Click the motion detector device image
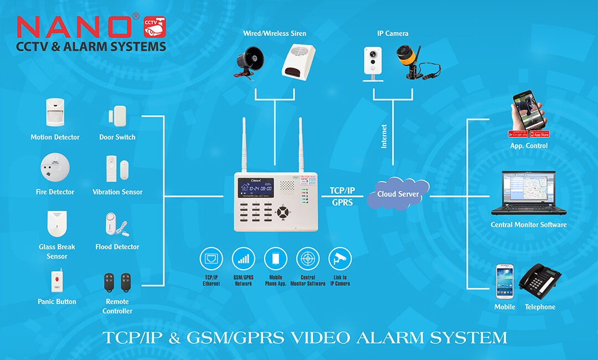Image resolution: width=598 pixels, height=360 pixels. [x=55, y=112]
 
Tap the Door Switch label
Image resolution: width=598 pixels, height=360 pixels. [x=117, y=137]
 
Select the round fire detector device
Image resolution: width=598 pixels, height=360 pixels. [x=55, y=167]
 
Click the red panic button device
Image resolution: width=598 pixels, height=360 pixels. [x=56, y=281]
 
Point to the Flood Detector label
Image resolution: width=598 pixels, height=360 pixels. [x=117, y=246]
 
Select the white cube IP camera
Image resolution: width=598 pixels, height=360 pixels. [x=373, y=64]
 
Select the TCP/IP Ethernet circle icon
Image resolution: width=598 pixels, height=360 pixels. [x=211, y=259]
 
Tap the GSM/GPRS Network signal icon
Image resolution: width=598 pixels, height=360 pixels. [x=244, y=259]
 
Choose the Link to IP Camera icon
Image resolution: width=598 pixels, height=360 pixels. [x=339, y=259]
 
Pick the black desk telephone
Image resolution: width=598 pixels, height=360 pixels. [x=540, y=282]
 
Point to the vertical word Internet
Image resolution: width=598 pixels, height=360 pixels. [x=384, y=136]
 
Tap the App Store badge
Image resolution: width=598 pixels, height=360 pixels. [x=540, y=134]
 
